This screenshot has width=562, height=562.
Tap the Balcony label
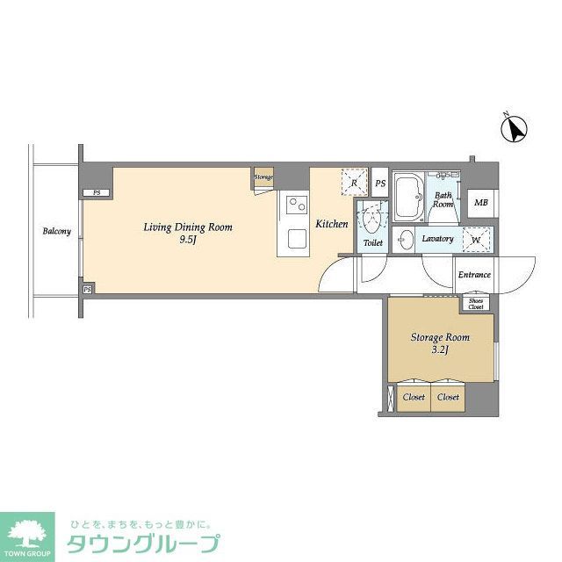[x=56, y=232]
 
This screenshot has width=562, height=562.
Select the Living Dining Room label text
[x=188, y=233]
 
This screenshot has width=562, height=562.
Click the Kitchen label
[x=332, y=225]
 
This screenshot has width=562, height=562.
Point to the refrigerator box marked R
[x=353, y=180]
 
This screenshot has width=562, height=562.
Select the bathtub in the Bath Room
[x=407, y=198]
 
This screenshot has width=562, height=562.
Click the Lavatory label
[x=436, y=239]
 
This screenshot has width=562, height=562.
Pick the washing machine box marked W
[x=477, y=240]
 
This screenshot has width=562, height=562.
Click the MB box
[x=480, y=204]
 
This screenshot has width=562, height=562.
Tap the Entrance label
[x=474, y=275]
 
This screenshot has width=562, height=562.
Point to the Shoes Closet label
[x=475, y=304]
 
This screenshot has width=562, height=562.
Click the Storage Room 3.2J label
[x=440, y=343]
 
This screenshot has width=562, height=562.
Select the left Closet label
[x=413, y=397]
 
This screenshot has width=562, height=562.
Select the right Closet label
[x=448, y=397]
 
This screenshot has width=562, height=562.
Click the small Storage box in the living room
[x=263, y=177]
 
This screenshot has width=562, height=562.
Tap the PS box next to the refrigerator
[x=380, y=184]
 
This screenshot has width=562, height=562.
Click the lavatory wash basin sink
[x=404, y=240]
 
